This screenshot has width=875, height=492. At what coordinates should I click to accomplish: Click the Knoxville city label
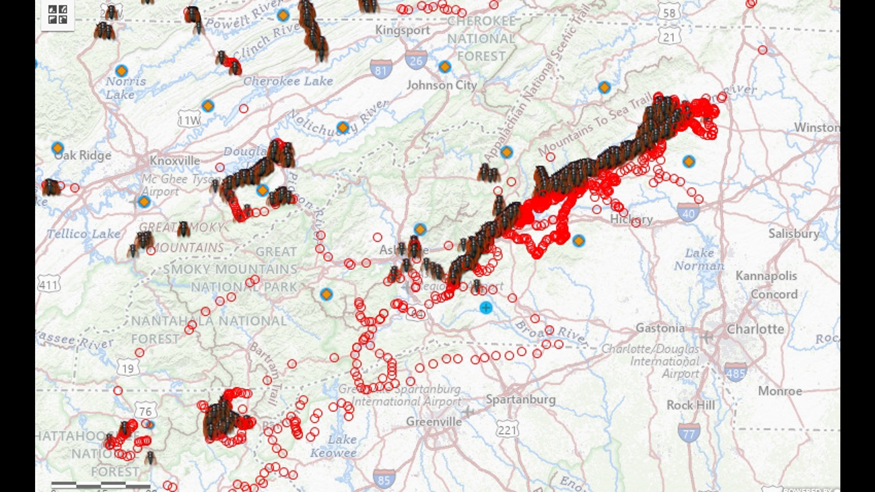pos(175,161)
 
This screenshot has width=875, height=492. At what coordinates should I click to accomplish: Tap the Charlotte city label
pos(755,329)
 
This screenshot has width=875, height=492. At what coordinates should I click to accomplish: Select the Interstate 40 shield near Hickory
pos(688,213)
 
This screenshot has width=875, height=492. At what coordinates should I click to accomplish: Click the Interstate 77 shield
pos(689,433)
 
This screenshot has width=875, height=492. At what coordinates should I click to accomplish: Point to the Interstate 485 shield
pos(735,372)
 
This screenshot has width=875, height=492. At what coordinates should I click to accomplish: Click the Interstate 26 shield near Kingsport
pos(416,60)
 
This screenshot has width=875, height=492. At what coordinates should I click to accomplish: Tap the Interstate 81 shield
pos(381,69)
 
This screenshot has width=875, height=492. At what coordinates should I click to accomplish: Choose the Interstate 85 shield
pos(384,479)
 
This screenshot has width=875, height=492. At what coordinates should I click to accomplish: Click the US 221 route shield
pos(507,429)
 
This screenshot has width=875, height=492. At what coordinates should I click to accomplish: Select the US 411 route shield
pos(49,285)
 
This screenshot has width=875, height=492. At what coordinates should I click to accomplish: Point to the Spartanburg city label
pos(520,400)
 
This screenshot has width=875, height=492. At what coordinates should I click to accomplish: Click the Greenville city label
pos(433,422)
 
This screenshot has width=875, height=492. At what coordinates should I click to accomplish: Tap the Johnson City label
pos(442,85)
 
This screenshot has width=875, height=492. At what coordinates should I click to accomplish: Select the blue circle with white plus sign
pos(486,308)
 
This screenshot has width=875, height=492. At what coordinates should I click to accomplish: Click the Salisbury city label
pos(794,234)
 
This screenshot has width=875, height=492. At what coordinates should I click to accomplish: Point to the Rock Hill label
pos(690,405)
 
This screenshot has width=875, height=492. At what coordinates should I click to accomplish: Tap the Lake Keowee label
pos(334,446)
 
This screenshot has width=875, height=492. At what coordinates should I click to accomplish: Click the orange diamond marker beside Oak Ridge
pos(57,148)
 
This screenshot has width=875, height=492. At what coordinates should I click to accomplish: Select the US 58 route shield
pos(669,13)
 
